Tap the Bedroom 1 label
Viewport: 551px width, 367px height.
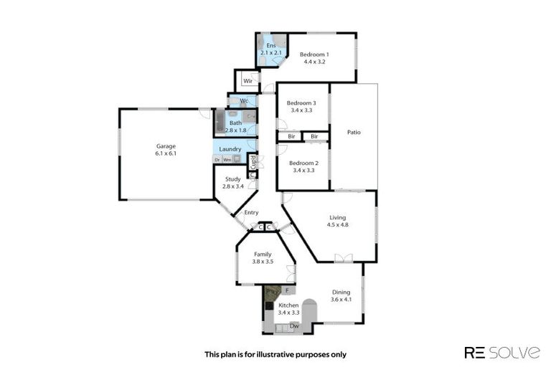[x=314, y=54]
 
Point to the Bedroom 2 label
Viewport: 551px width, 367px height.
[x=303, y=162]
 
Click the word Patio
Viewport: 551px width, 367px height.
[x=354, y=132]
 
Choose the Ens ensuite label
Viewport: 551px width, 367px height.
[x=270, y=45]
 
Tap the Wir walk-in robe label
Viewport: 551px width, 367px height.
[x=247, y=81]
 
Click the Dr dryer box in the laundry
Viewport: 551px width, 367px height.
[x=217, y=159]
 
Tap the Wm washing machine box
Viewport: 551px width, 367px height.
[x=227, y=159]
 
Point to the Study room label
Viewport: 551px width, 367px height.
[x=232, y=179]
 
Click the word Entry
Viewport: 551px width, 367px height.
[x=251, y=212]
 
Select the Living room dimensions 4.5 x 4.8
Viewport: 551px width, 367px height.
[x=337, y=225]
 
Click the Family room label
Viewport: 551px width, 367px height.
[x=263, y=254]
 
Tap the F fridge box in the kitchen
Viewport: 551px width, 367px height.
[x=287, y=290]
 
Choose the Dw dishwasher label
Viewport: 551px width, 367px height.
[x=293, y=326]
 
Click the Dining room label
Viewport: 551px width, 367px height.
[x=341, y=292]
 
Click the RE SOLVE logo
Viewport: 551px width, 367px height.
[x=501, y=352]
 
